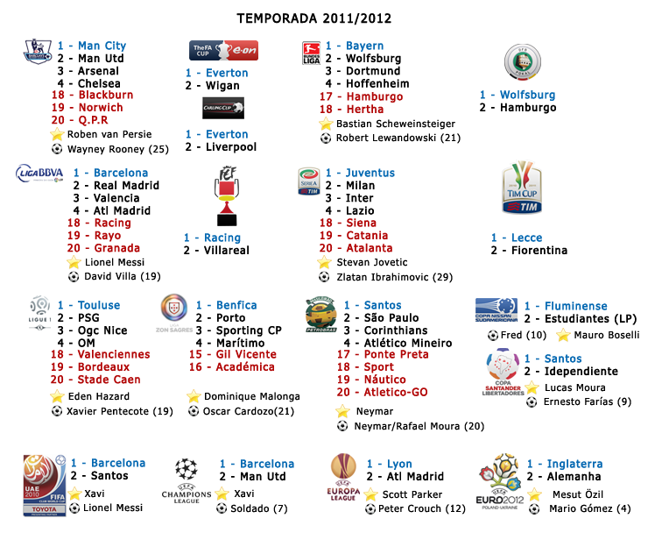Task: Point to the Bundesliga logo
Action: click(312, 49)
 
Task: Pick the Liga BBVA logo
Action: click(40, 173)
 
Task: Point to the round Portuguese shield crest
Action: click(174, 306)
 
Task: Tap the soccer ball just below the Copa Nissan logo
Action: click(493, 335)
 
